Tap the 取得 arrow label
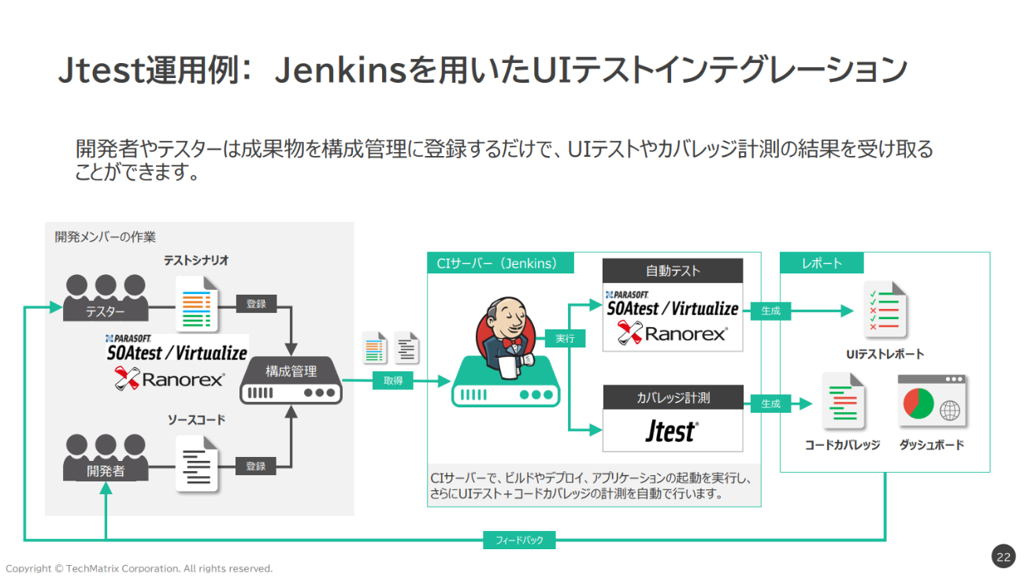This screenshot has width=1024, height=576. pyautogui.click(x=393, y=381)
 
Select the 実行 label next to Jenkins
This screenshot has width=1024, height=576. pyautogui.click(x=565, y=339)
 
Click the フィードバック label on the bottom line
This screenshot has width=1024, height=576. pyautogui.click(x=519, y=541)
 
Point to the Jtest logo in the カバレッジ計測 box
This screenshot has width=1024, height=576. pyautogui.click(x=671, y=431)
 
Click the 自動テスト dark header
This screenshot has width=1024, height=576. pyautogui.click(x=673, y=271)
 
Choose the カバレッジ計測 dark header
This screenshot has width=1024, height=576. pyautogui.click(x=673, y=398)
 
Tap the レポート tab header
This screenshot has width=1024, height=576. pyautogui.click(x=822, y=263)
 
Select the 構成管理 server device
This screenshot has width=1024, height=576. pyautogui.click(x=291, y=381)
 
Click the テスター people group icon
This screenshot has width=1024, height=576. pyautogui.click(x=106, y=298)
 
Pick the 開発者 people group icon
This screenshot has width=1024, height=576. pyautogui.click(x=106, y=457)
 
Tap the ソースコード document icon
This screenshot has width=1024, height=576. pyautogui.click(x=196, y=464)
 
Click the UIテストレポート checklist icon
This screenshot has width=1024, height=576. pyautogui.click(x=885, y=310)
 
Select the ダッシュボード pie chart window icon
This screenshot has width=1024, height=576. pyautogui.click(x=932, y=401)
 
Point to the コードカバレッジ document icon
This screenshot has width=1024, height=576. pyautogui.click(x=843, y=401)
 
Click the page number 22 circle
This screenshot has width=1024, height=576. pyautogui.click(x=1004, y=556)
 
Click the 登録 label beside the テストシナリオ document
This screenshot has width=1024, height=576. pyautogui.click(x=256, y=303)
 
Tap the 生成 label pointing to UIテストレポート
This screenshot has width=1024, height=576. pyautogui.click(x=770, y=311)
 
